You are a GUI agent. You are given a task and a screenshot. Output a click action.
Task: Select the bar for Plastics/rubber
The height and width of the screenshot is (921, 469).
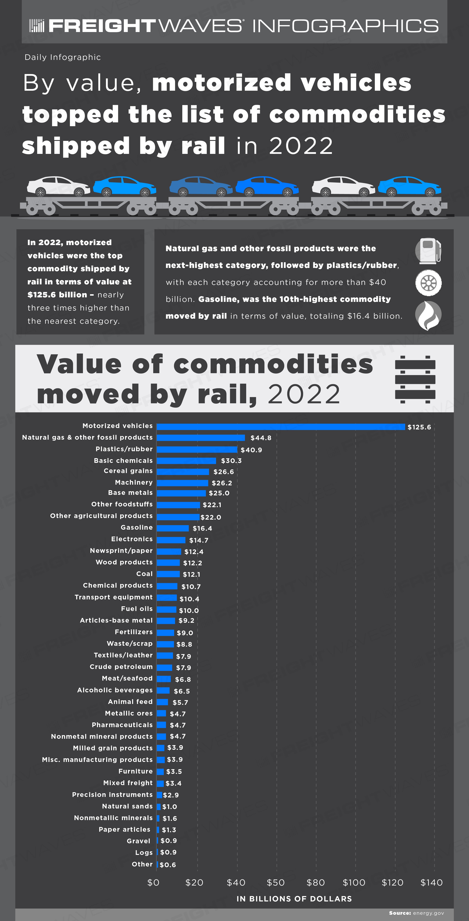[x=197, y=449]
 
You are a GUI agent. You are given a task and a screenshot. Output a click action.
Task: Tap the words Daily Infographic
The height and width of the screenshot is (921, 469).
[x=63, y=57]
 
